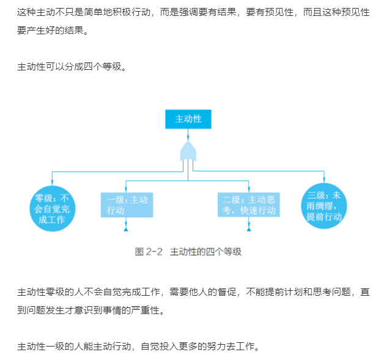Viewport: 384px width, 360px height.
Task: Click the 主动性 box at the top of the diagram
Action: click(x=188, y=119)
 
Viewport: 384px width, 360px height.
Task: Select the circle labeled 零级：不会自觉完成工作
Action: click(x=53, y=208)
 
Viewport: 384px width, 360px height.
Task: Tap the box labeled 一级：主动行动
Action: click(x=127, y=204)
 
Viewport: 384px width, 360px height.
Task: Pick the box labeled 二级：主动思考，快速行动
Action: click(x=249, y=204)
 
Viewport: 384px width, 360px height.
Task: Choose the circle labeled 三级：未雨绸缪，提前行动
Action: click(x=324, y=206)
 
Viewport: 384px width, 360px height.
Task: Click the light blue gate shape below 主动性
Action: click(x=188, y=151)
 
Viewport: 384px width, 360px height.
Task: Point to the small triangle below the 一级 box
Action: click(x=126, y=230)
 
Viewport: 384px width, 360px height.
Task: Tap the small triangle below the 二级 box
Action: click(x=249, y=230)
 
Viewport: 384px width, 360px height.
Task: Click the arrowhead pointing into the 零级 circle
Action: click(x=52, y=182)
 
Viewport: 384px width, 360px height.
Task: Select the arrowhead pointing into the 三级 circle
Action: click(x=324, y=180)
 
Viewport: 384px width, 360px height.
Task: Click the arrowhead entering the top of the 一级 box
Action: click(x=126, y=189)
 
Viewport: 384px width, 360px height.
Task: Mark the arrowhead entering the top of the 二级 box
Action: click(x=249, y=189)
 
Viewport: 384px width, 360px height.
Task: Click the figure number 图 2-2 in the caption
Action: click(x=149, y=252)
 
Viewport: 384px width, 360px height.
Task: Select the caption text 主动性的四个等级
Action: click(x=205, y=252)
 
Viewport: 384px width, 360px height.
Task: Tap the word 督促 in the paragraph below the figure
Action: click(x=227, y=292)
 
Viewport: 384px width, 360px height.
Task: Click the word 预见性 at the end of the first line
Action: click(x=356, y=12)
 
